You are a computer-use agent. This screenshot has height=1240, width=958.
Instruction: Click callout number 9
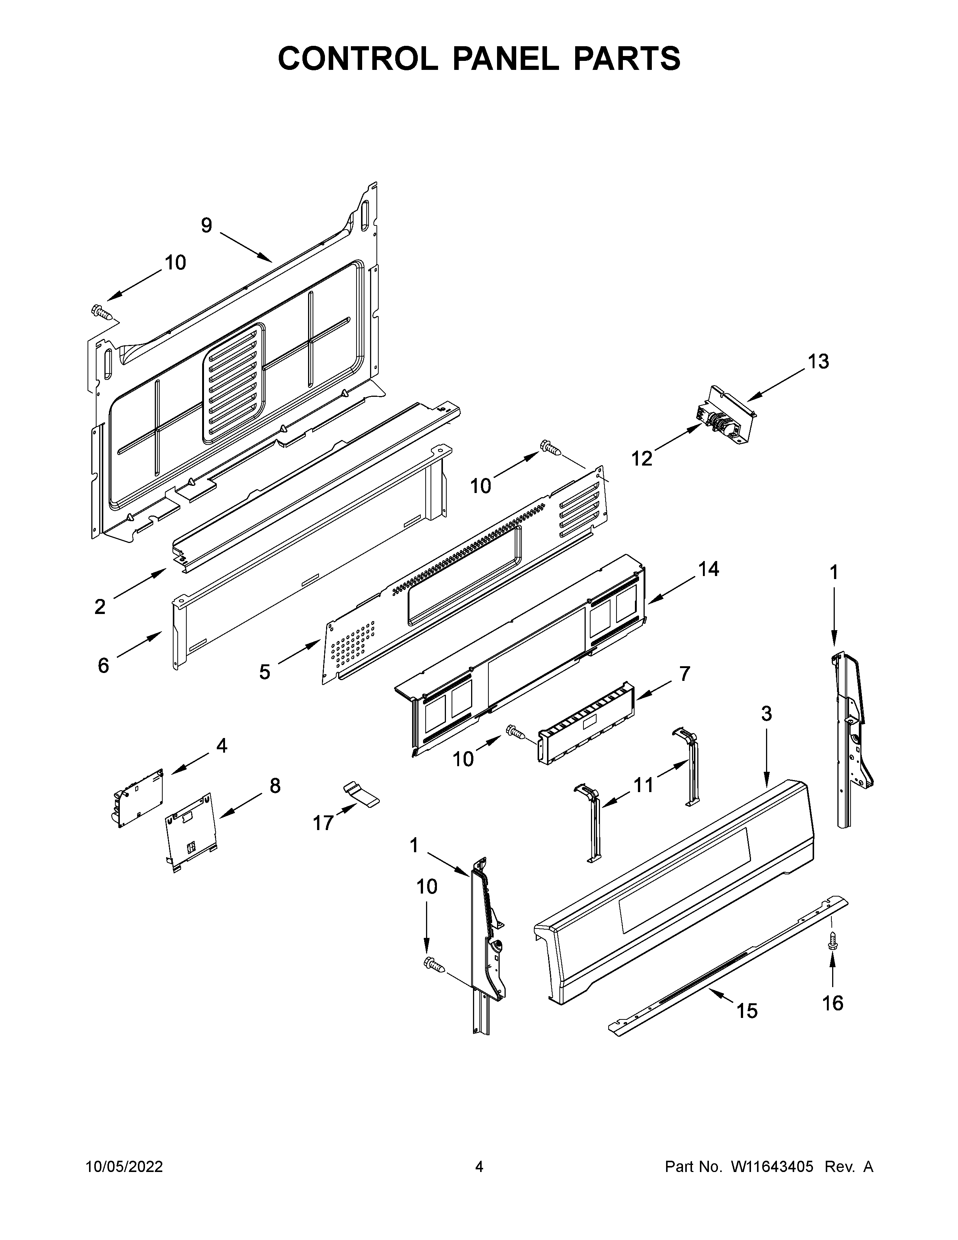click(x=207, y=225)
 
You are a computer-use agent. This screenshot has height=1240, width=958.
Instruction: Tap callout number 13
click(x=818, y=361)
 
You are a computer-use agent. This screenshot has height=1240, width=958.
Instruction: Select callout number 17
click(x=323, y=823)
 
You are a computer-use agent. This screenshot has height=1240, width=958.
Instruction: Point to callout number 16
click(x=833, y=1003)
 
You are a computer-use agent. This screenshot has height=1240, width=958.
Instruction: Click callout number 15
click(x=747, y=1011)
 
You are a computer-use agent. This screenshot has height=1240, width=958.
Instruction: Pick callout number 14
click(x=708, y=569)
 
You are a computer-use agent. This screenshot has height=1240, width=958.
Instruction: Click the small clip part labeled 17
click(x=360, y=794)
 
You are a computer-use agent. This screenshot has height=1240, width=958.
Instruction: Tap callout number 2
click(x=100, y=607)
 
